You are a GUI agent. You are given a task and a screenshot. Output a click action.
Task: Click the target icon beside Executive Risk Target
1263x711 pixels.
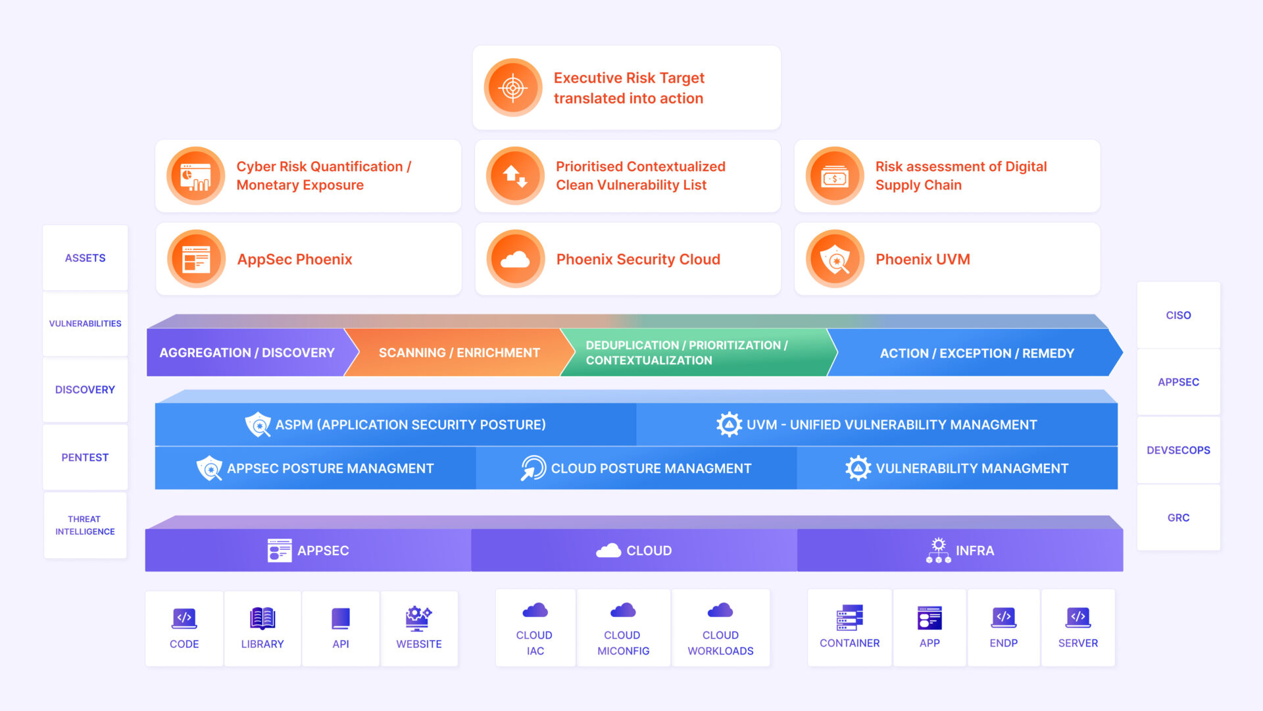tap(513, 87)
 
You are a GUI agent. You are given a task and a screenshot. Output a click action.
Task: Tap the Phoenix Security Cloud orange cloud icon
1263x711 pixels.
tap(515, 259)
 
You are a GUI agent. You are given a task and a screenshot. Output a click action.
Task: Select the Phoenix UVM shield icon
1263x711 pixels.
tap(835, 259)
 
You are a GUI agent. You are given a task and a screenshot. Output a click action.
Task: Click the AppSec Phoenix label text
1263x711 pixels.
tap(295, 260)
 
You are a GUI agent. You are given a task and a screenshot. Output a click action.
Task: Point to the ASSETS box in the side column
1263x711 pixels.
tap(85, 258)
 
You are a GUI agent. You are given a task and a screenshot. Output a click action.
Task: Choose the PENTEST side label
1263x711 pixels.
tap(85, 458)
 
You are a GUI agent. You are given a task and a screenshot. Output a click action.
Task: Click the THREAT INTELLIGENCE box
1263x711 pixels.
tap(85, 525)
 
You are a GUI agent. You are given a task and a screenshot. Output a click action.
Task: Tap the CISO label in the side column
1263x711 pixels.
tap(1178, 316)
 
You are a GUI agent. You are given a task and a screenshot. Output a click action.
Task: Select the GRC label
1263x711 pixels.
tap(1178, 518)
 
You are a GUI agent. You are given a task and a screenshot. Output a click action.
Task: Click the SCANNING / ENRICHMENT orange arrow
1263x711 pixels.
tap(459, 353)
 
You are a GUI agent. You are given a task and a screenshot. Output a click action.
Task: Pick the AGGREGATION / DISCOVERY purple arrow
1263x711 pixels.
tap(247, 353)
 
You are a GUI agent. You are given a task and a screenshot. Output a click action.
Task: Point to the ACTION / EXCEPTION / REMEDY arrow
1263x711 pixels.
tap(976, 354)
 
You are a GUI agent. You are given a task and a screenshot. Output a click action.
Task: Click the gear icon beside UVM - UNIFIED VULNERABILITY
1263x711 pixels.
tap(729, 425)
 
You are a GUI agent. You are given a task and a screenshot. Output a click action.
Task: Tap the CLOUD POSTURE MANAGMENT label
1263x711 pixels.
tap(651, 468)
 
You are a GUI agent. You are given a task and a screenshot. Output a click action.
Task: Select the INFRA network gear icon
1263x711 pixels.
tap(938, 551)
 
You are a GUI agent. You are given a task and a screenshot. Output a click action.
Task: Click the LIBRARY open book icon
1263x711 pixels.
tap(262, 618)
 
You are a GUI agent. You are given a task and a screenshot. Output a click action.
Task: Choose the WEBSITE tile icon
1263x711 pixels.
tap(418, 618)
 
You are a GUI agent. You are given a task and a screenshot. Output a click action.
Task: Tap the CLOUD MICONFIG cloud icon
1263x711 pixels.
tap(623, 610)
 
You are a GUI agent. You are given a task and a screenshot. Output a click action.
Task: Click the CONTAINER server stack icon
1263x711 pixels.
tap(849, 618)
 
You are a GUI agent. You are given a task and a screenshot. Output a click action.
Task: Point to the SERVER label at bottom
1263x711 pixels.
tap(1077, 643)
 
